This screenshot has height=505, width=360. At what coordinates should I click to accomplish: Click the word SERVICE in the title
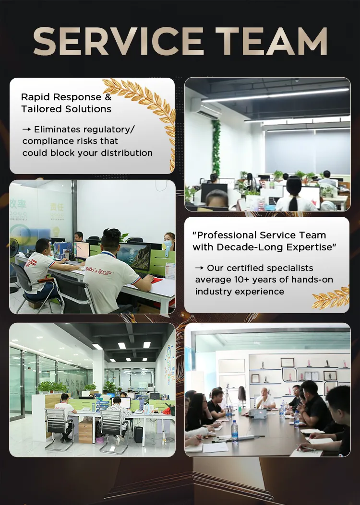118,41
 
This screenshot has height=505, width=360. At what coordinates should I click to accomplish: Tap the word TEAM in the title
271,41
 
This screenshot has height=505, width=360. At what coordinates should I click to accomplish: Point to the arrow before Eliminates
26,129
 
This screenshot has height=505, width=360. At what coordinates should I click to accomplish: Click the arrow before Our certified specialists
199,268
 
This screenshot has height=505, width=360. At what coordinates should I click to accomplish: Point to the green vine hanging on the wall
216,147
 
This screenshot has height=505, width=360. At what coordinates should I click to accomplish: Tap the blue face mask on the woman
168,244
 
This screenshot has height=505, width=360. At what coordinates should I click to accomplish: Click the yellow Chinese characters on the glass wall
57,207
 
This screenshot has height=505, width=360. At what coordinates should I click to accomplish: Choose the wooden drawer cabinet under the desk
85,431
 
